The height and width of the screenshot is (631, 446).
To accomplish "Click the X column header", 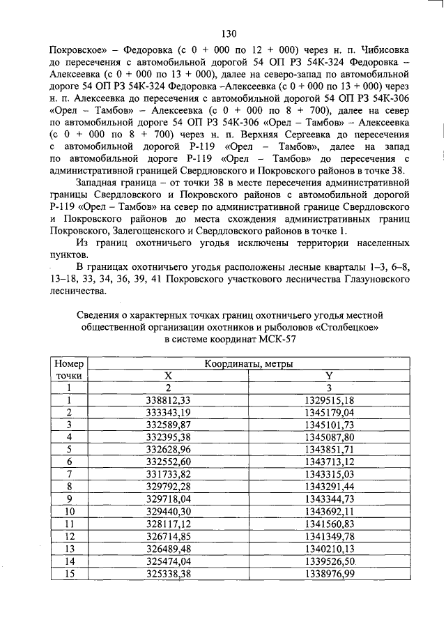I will [x=167, y=376].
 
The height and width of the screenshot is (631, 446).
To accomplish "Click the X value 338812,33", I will [x=167, y=400].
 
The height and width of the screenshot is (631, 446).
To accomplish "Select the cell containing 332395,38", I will [x=167, y=436].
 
